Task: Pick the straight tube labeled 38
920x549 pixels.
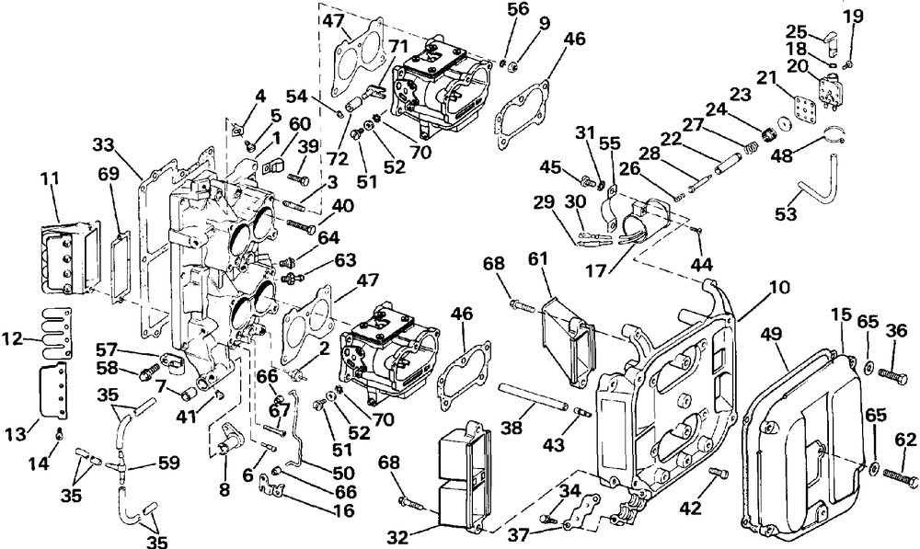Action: click(534, 397)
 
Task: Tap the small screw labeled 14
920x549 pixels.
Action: click(59, 434)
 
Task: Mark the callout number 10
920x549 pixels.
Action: click(779, 288)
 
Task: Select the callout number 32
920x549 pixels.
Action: click(397, 537)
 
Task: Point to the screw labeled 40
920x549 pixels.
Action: click(302, 225)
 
